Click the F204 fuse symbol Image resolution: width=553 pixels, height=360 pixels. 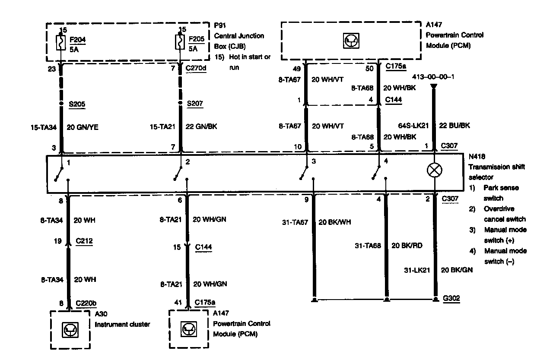[61, 44]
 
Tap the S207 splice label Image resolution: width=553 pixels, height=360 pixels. [195, 104]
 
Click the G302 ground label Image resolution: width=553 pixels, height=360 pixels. [451, 298]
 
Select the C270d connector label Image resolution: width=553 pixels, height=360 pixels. [196, 68]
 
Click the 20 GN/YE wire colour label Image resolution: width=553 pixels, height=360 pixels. [82, 128]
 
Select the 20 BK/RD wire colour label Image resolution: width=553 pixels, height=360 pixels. [407, 246]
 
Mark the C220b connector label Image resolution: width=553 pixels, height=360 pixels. [86, 303]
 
